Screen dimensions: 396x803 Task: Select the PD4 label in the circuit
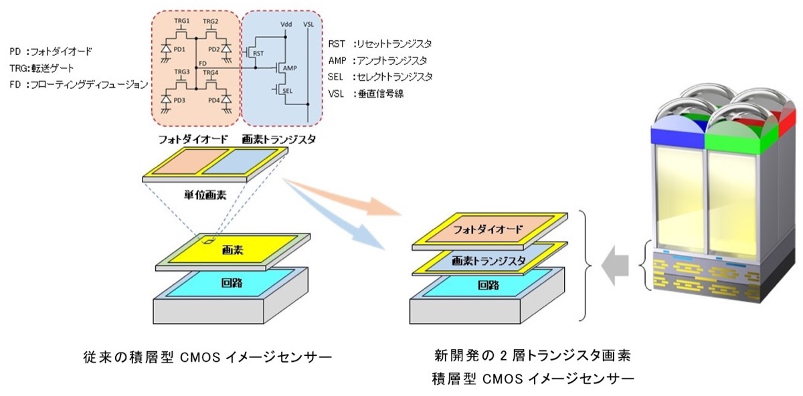coord(213,101)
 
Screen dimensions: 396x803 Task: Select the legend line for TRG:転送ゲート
coord(42,68)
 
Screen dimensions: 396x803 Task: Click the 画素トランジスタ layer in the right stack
coord(488,260)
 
